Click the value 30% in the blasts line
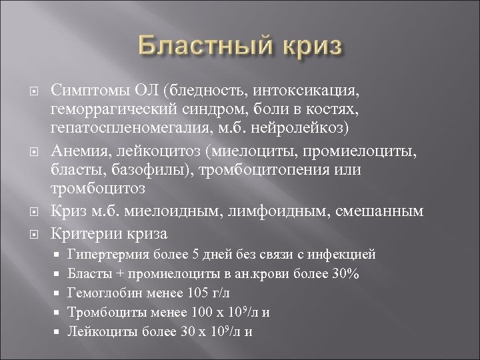[347, 273]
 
